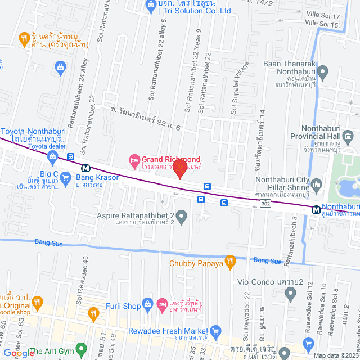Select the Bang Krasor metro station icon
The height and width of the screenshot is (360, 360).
(85, 168)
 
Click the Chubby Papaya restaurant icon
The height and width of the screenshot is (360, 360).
(229, 261)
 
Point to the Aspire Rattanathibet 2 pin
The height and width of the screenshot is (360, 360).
(181, 215)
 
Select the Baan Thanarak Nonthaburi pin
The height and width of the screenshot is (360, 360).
(322, 72)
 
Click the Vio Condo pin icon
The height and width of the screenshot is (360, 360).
(290, 292)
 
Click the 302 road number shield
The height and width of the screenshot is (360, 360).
(265, 205)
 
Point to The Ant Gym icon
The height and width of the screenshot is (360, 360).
(22, 352)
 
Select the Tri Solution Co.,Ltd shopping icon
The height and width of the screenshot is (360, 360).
(150, 6)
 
